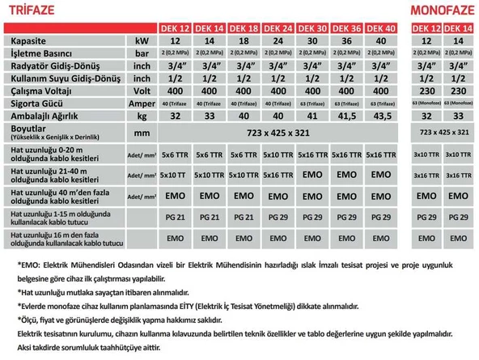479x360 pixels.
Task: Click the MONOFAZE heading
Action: pos(439,10)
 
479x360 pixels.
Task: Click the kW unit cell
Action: pos(142,40)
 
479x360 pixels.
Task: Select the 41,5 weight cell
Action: pos(346,116)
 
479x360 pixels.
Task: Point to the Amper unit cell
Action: pos(142,104)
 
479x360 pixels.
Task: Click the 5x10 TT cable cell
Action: pos(175,174)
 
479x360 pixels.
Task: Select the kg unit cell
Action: pos(142,116)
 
